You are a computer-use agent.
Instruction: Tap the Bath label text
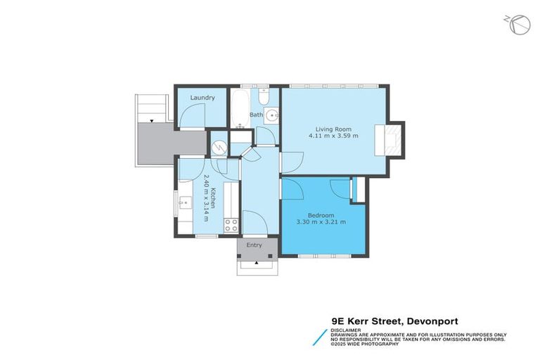pos(257,114)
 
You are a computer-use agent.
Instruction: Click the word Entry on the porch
pos(254,245)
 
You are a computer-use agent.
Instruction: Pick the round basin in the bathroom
pos(271,118)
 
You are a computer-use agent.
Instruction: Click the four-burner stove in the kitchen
pos(231,225)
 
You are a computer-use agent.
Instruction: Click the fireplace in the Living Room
pos(388,139)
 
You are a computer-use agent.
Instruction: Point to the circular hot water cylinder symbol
pos(219,147)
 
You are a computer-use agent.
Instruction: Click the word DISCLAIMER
pos(347,329)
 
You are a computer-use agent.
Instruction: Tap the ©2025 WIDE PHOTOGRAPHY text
pos(366,344)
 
